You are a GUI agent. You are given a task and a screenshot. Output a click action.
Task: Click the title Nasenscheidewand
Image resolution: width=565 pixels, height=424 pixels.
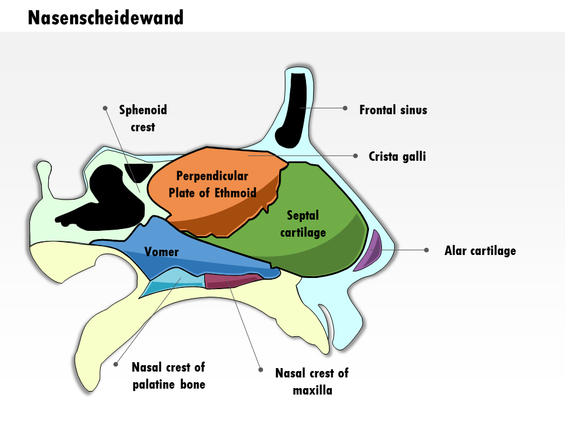pyautogui.click(x=105, y=18)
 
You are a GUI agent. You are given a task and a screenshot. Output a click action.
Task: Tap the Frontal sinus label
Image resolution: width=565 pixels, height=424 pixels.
pyautogui.click(x=393, y=110)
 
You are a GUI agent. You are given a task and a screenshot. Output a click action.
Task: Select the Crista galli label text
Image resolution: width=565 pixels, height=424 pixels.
pyautogui.click(x=397, y=157)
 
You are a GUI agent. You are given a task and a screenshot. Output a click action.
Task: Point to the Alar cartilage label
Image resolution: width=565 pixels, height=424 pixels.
pyautogui.click(x=480, y=251)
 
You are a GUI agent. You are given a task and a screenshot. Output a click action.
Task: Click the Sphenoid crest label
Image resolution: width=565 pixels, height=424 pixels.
pyautogui.click(x=143, y=118)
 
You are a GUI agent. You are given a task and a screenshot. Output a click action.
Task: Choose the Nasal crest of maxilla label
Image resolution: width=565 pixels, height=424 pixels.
pyautogui.click(x=312, y=382)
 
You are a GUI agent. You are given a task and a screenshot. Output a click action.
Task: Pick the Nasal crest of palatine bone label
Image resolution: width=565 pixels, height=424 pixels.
pyautogui.click(x=169, y=376)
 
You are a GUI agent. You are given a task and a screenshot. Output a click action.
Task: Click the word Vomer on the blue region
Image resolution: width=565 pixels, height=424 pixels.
pyautogui.click(x=161, y=251)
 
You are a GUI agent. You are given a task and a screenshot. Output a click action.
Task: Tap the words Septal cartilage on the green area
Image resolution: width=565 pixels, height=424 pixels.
pyautogui.click(x=303, y=224)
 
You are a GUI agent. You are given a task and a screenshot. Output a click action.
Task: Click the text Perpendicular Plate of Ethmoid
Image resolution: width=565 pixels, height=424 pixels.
pyautogui.click(x=212, y=184)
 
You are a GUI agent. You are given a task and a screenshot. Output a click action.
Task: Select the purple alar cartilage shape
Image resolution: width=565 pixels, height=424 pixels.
pyautogui.click(x=370, y=251)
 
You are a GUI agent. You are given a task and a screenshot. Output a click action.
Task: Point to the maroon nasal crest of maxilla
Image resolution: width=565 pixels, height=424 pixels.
pyautogui.click(x=232, y=280)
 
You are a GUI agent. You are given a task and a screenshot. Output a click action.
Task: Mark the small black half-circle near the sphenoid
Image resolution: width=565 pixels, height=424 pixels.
pyautogui.click(x=138, y=171)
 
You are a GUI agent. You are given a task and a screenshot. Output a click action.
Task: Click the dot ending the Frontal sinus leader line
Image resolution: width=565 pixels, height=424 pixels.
pyautogui.click(x=345, y=108)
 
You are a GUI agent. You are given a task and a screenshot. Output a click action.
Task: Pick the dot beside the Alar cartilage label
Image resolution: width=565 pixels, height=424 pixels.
pyautogui.click(x=427, y=250)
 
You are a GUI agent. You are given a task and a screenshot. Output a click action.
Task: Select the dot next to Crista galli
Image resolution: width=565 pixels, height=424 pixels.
pyautogui.click(x=355, y=155)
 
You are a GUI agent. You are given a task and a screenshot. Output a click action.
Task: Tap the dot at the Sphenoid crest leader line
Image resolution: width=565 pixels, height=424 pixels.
pyautogui.click(x=105, y=108)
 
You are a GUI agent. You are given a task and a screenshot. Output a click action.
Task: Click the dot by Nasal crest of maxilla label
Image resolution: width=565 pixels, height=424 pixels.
pyautogui.click(x=261, y=370)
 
